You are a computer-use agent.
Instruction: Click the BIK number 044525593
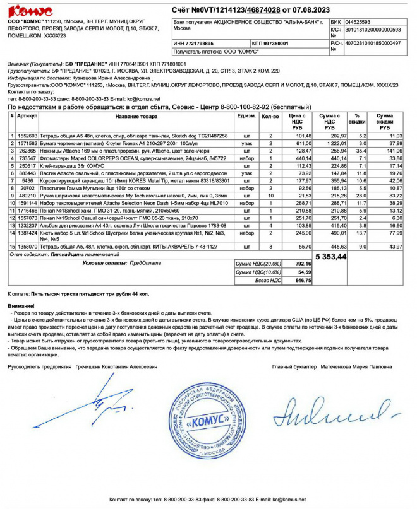pos(358,21)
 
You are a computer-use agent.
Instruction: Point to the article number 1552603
pos(27,136)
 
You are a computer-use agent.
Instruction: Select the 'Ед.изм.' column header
pos(246,116)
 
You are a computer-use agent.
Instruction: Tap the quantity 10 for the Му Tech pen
pos(270,197)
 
